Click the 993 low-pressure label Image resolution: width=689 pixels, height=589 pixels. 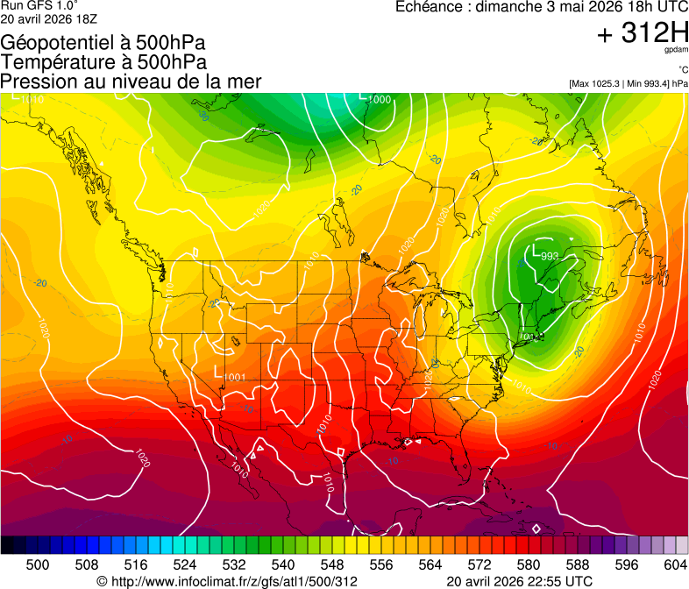tap(550, 256)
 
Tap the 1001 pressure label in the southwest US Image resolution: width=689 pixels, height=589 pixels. tap(234, 378)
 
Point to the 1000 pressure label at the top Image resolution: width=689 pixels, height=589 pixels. tap(380, 100)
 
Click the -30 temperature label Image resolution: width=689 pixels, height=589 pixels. tap(203, 115)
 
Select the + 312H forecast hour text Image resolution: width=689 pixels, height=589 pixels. tap(642, 34)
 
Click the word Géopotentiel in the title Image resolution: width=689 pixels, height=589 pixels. tap(54, 43)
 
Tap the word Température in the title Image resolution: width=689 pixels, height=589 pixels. tap(53, 62)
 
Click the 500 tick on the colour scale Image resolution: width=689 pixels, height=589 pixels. tap(38, 564)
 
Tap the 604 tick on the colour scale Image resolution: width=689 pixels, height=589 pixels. tap(676, 564)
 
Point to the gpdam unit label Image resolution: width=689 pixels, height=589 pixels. tap(677, 51)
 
